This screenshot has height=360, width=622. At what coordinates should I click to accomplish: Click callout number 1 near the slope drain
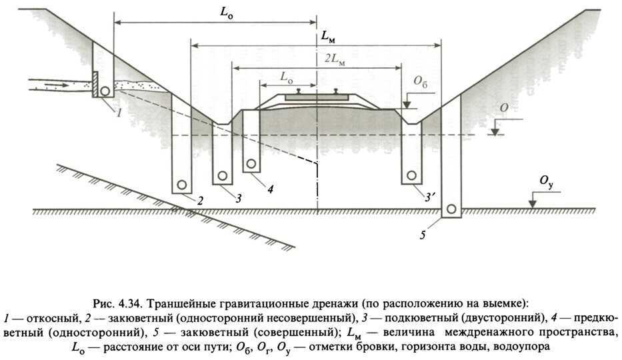coord(118,113)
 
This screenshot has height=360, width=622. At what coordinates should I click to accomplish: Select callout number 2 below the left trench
coord(199,199)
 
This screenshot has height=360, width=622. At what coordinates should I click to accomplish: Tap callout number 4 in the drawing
coord(269,189)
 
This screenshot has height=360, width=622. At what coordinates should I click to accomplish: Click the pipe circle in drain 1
coord(106,91)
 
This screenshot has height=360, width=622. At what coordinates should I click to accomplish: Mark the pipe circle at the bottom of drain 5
coord(451,209)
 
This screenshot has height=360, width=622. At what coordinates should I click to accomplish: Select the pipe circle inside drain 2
coord(181,185)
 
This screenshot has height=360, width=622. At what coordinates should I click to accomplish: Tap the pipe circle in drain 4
coord(251,163)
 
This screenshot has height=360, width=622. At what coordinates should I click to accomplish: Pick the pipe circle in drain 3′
coord(411,175)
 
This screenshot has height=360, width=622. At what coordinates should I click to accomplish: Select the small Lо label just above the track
coord(285,77)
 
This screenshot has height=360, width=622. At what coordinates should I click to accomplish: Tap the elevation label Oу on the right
coord(547,181)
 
